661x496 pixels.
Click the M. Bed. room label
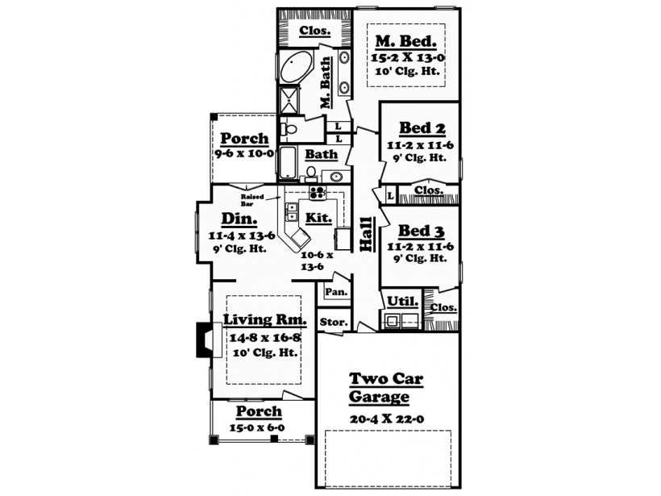406,41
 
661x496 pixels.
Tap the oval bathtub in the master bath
296,68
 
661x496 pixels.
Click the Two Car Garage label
386,388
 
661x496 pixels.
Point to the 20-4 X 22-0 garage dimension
387,419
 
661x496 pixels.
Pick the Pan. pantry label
336,292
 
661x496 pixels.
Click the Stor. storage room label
334,323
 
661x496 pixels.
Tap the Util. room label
402,302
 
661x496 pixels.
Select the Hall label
367,235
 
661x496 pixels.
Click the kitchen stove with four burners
318,192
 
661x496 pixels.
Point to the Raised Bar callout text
252,200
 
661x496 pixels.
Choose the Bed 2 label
422,127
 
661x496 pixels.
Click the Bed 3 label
421,231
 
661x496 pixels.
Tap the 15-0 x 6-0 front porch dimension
256,427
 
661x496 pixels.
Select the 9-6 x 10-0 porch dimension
244,153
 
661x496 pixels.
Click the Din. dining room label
239,219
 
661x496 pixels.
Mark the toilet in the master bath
289,129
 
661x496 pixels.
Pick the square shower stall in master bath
289,100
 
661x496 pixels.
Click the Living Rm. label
264,319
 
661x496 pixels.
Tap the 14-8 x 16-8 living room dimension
265,338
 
